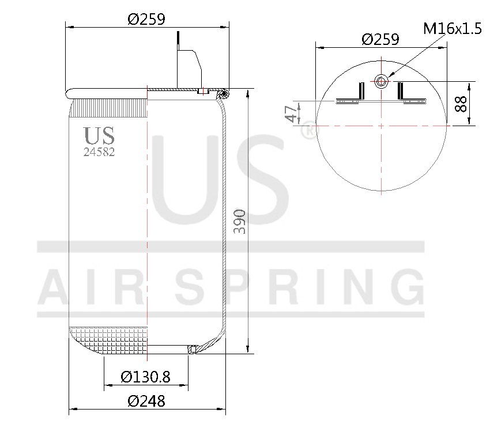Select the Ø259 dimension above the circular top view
point(380,39)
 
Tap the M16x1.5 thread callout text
point(452,28)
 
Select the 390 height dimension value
point(240,221)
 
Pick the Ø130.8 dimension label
point(146,377)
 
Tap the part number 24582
point(99,152)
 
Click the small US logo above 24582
point(99,136)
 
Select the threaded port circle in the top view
point(380,81)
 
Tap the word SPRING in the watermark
point(300,287)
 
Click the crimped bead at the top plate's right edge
point(223,92)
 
